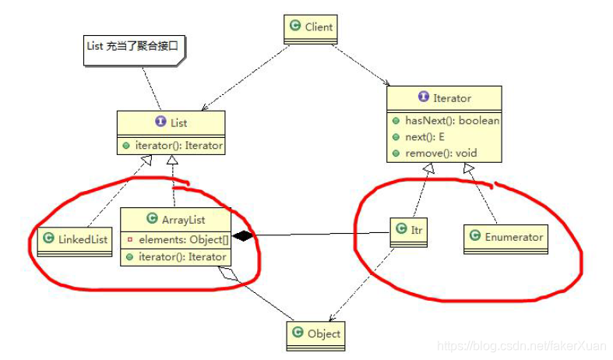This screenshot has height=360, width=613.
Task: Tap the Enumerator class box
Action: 506,237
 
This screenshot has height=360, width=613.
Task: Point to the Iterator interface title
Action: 445,98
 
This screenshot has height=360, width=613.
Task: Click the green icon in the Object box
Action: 297,334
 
